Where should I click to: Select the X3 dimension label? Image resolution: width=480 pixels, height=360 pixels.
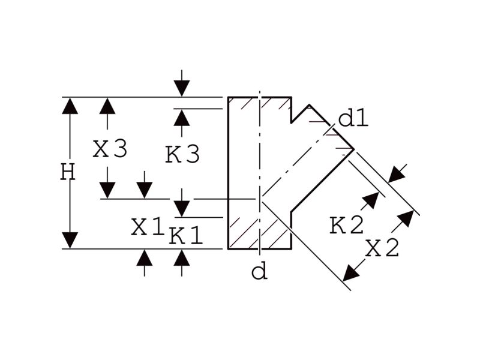(x=110, y=149)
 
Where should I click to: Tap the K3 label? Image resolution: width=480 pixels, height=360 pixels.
(x=182, y=155)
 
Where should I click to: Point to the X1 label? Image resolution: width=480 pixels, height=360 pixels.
(x=148, y=227)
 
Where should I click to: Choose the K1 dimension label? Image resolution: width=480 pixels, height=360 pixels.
(x=185, y=236)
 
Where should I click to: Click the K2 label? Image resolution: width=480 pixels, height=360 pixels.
(x=347, y=226)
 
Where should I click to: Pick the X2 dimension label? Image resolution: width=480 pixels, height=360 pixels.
(x=383, y=248)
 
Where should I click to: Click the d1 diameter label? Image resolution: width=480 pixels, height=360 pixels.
(x=353, y=119)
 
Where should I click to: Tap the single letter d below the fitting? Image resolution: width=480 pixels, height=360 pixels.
(x=259, y=272)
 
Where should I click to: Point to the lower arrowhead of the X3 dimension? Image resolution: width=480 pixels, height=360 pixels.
(x=107, y=190)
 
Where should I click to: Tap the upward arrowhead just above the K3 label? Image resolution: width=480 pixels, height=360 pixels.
(x=181, y=118)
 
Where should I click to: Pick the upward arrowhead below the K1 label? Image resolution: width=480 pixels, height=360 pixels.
(x=181, y=258)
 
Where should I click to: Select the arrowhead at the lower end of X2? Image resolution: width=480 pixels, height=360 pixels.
(x=350, y=272)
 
